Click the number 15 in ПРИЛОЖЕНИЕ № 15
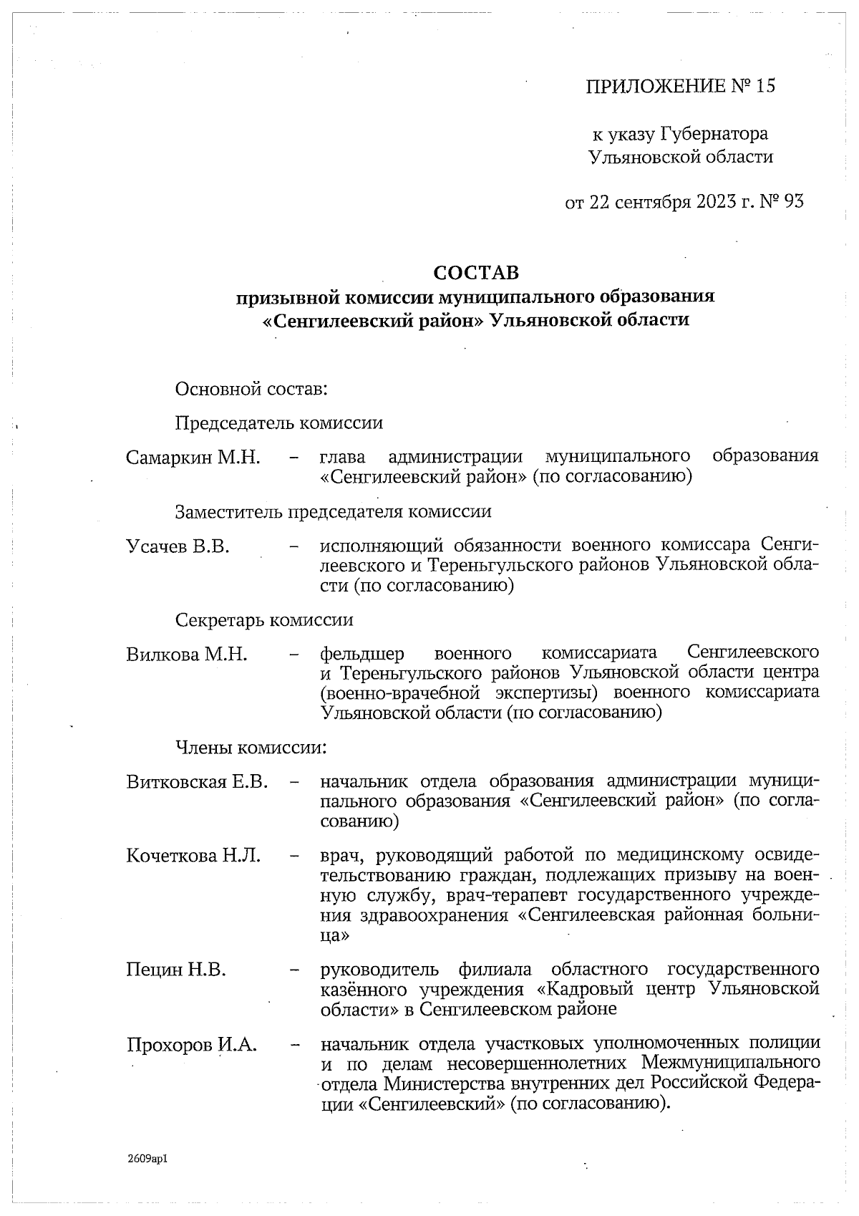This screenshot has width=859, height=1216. pos(765,87)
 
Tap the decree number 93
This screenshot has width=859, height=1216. pos(794,202)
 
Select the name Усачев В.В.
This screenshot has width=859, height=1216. pos(178,546)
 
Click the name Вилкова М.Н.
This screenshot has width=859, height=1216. pos(187,654)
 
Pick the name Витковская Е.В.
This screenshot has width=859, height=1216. pos(198,781)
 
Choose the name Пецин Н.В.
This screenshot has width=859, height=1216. pos(176,970)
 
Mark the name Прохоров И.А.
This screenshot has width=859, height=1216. pos(192,1045)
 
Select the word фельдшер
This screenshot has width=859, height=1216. pos(362,655)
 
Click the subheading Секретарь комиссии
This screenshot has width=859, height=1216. pos(264,619)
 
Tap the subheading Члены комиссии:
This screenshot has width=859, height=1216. pos(251,748)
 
